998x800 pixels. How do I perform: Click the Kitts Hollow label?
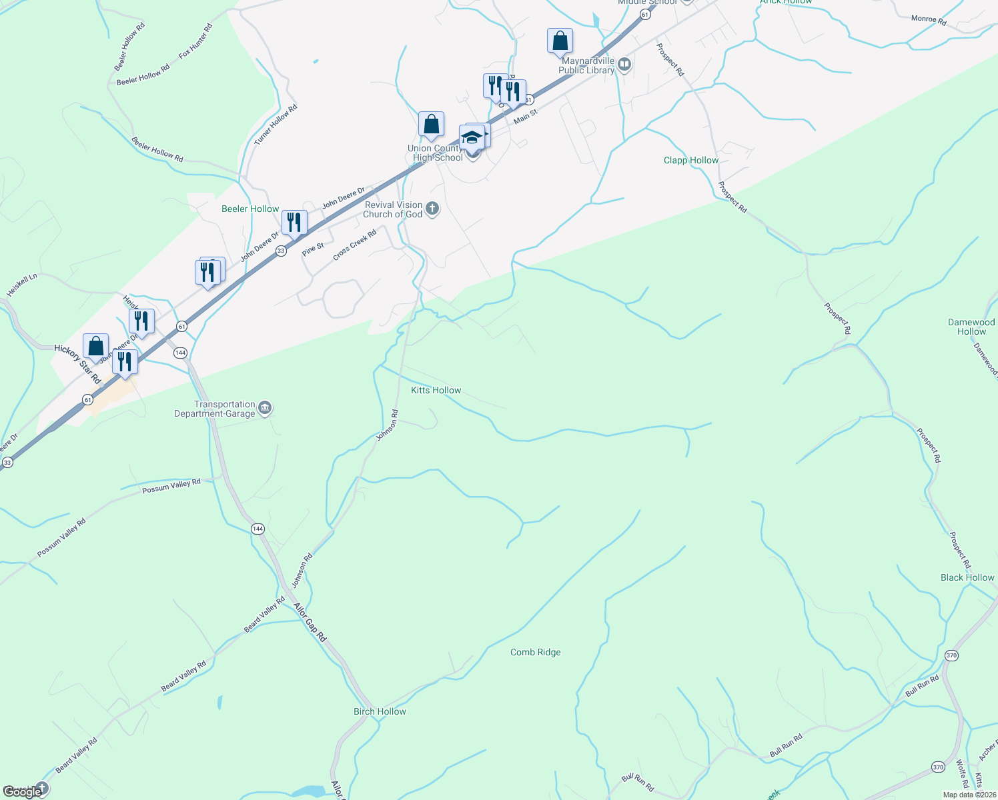pos(436,390)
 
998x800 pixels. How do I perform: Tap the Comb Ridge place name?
pos(535,652)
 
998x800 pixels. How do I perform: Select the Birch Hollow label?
pos(380,711)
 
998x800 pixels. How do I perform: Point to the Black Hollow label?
pos(967,577)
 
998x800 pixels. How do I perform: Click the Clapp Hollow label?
pos(691,160)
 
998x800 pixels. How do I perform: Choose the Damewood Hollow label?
pos(971,327)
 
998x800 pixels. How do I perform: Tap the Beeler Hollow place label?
pos(250,209)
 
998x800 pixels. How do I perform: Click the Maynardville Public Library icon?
pos(624,65)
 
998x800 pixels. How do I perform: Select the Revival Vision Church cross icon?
pos(432,209)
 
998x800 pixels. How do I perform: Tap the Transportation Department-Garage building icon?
pos(265,408)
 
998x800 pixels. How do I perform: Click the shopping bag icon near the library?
pos(560,41)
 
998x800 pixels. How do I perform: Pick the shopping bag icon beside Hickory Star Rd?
pos(95,346)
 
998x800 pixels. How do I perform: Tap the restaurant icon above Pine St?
pos(294,222)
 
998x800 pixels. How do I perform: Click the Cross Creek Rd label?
pos(354,245)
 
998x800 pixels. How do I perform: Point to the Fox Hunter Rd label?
pos(195,41)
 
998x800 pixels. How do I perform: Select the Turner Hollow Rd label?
pos(276,125)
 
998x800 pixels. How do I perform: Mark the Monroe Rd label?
pos(929,19)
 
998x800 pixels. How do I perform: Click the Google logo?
pos(22,792)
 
